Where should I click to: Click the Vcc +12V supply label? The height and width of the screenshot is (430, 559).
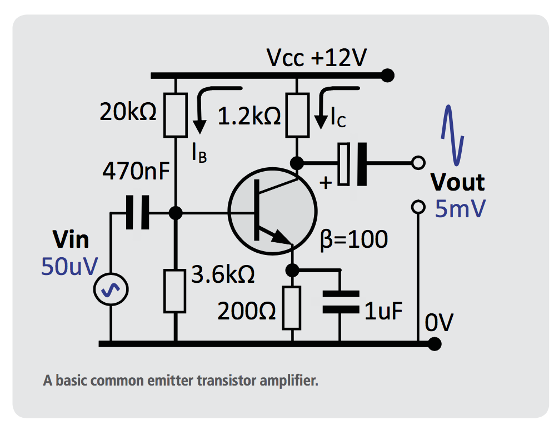tap(316, 58)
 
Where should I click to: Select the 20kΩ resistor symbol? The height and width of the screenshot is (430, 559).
tap(175, 116)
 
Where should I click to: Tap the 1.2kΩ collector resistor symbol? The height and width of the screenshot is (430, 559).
tap(297, 116)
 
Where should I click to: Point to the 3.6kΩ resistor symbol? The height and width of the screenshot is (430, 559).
tap(175, 291)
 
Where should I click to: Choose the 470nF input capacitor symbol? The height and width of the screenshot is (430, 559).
tap(137, 212)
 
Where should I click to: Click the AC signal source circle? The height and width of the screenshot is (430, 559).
tap(110, 291)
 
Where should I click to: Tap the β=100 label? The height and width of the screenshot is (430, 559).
tap(353, 239)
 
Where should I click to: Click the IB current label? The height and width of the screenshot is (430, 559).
tap(199, 154)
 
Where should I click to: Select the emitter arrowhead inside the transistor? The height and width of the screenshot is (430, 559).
tap(283, 239)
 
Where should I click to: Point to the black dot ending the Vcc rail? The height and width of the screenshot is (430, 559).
tap(388, 75)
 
